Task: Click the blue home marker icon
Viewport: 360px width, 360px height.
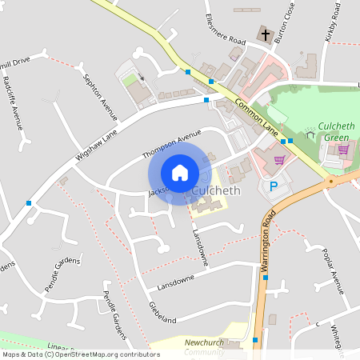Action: (x=180, y=173)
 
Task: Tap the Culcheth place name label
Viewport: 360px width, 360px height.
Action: (x=217, y=191)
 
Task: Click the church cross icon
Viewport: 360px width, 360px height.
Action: (x=264, y=34)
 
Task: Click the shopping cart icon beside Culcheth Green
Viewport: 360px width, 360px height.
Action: (x=343, y=149)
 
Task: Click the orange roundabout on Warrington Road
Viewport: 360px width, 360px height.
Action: (x=330, y=181)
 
